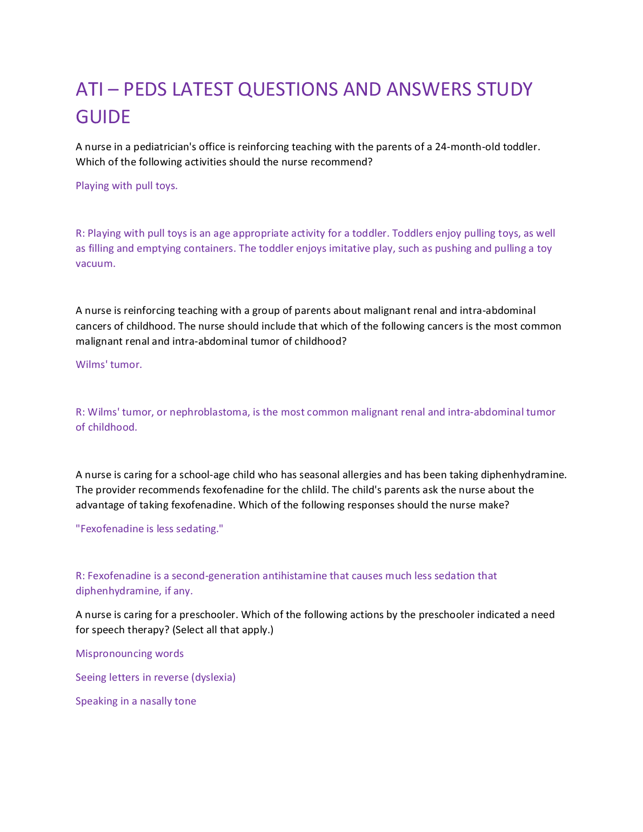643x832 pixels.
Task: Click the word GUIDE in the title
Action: [103, 117]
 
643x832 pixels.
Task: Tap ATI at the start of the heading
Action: [89, 89]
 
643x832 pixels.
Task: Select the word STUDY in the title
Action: [504, 89]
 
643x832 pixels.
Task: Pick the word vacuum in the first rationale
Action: [95, 264]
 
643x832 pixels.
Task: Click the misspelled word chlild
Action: [313, 490]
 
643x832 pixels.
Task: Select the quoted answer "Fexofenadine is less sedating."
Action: [149, 529]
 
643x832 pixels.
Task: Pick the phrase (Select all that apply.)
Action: [223, 630]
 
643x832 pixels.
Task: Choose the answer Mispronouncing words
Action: [130, 654]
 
